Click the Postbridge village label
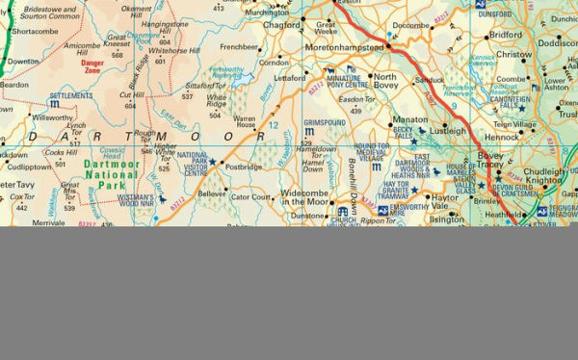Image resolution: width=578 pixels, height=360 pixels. [x=242, y=167]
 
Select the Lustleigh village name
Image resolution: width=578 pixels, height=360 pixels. [x=447, y=129]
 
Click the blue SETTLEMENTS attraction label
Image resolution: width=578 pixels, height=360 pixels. [x=70, y=96]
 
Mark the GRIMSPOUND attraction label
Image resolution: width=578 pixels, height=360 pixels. [x=325, y=124]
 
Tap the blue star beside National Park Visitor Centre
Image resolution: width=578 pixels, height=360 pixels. [x=212, y=162]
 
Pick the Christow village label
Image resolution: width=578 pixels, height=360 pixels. [x=513, y=55]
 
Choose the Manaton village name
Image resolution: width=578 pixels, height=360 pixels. [x=408, y=120]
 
